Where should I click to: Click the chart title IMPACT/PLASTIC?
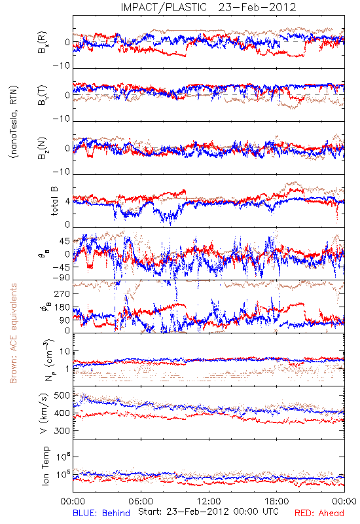tap(164, 7)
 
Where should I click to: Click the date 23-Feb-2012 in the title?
tap(257, 7)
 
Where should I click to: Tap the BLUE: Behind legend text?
tap(101, 513)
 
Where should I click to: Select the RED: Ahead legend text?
tap(319, 513)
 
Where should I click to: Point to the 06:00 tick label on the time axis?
tap(141, 501)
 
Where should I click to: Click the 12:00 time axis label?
tap(209, 501)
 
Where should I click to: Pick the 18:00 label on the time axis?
tap(277, 501)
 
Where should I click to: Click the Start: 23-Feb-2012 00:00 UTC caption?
tap(208, 512)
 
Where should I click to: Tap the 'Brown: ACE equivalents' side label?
tap(13, 333)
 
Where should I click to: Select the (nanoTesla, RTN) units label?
tap(14, 121)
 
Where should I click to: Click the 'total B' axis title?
tap(54, 201)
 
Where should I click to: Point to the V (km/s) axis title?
tap(44, 414)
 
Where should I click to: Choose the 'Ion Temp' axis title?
tap(45, 466)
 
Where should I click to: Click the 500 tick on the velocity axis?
tap(62, 396)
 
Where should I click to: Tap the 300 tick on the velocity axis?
tap(62, 431)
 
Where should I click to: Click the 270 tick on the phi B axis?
tap(62, 294)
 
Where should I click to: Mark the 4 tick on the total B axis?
tap(68, 202)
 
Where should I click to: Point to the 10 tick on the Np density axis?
tap(65, 352)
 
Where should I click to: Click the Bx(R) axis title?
tap(43, 43)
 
